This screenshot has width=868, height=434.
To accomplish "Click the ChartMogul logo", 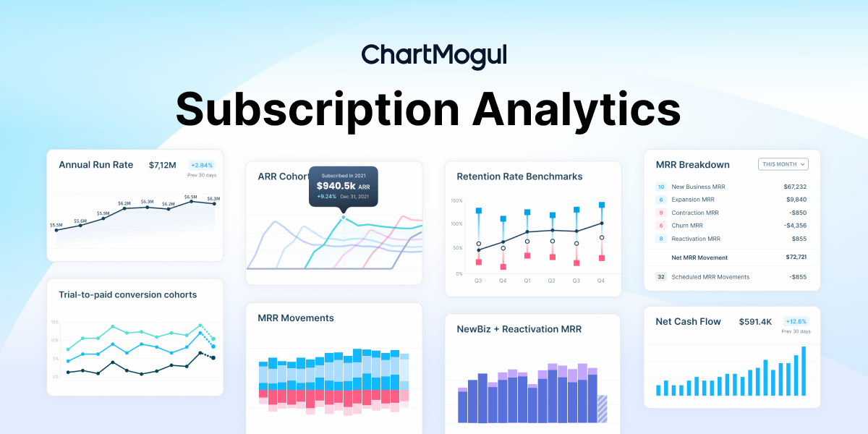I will (434, 56).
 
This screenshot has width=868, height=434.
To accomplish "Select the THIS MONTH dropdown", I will (783, 164).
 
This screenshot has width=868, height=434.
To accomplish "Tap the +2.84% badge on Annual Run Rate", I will (202, 165).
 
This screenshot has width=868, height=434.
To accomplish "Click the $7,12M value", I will (163, 165).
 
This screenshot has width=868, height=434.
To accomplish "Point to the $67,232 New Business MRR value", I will (795, 187).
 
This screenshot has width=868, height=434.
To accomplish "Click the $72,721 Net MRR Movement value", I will (796, 258).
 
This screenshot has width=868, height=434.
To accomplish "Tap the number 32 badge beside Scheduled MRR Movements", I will (660, 277).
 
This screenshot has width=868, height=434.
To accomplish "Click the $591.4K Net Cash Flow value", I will (755, 321).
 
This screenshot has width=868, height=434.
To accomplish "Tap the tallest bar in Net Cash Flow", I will (802, 371).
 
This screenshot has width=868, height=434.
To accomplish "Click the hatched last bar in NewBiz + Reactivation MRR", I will (602, 409).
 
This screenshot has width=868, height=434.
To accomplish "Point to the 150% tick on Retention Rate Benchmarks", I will (456, 200).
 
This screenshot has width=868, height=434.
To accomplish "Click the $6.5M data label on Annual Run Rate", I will (191, 197).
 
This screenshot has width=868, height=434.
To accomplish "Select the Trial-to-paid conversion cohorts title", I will (127, 294).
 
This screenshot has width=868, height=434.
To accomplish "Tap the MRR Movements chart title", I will (296, 318).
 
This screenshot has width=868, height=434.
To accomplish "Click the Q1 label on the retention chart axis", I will (527, 280).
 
